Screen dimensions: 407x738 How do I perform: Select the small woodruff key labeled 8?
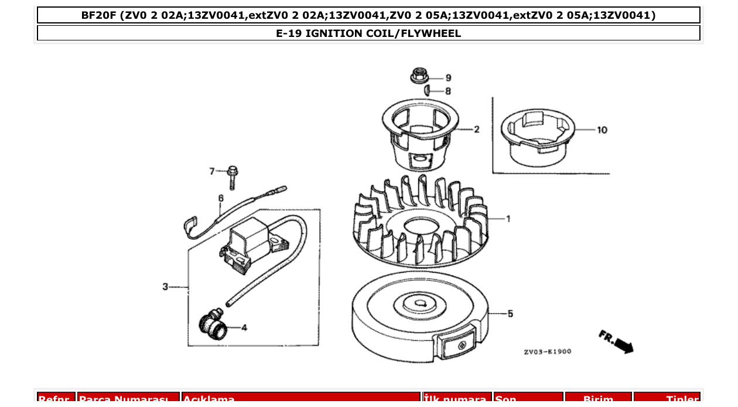[428, 90]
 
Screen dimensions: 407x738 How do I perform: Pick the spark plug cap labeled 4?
[213, 325]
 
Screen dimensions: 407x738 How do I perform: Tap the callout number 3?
[165, 287]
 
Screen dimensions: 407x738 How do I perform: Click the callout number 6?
[221, 198]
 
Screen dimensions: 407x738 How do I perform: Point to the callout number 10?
[602, 130]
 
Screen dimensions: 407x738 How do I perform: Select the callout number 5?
[510, 314]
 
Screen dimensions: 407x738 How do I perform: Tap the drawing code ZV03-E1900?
[547, 352]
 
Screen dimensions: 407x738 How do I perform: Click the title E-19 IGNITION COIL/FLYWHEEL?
[368, 33]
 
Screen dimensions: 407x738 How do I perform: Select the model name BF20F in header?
[99, 15]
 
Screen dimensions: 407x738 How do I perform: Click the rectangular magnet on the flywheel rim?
[456, 345]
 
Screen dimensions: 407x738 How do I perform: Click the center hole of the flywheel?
[421, 303]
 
